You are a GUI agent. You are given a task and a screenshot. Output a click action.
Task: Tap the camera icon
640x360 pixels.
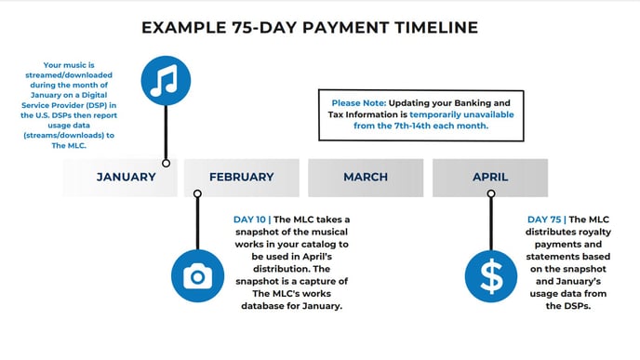197,276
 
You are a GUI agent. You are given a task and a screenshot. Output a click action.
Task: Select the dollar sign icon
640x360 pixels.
490,276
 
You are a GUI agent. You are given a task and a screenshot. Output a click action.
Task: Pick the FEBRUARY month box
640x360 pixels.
241,177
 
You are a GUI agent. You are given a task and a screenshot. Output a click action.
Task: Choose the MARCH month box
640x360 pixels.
366,177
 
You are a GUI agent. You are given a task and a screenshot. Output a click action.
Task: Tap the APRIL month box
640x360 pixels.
490,177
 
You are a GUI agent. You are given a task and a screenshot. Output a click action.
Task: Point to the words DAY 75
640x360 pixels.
544,220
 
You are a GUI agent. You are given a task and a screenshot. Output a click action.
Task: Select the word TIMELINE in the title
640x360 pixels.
427,27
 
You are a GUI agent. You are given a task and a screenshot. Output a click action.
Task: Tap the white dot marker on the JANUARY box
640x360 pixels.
166,163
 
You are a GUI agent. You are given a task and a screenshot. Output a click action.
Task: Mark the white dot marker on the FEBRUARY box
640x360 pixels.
197,193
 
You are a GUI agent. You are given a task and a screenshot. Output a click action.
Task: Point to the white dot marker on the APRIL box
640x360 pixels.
490,193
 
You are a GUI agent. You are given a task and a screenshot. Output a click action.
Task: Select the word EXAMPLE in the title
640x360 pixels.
181,27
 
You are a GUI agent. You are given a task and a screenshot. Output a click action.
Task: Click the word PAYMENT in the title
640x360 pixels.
338,27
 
